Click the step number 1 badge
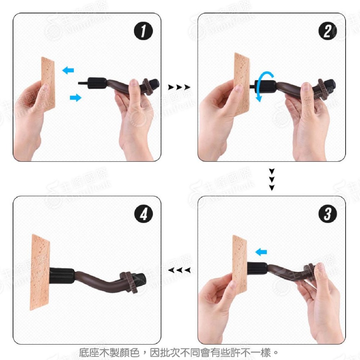143,32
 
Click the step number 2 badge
327,32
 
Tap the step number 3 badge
327,215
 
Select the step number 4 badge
143,215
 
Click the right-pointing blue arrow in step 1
75,97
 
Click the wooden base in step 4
40,273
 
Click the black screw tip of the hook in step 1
83,83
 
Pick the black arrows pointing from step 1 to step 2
179,87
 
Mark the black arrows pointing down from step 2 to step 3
272,179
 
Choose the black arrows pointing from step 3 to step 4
179,270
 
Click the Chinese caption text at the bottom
179,351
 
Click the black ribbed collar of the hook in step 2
266,87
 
